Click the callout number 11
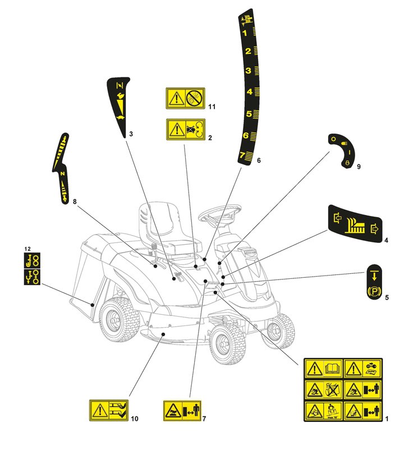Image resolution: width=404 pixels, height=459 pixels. (x=211, y=107)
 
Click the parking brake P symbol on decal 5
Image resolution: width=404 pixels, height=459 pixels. (x=372, y=292)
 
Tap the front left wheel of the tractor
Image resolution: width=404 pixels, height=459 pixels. (x=228, y=343)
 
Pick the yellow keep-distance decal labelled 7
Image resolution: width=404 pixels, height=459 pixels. (x=181, y=411)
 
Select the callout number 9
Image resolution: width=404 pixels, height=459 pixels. (x=359, y=167)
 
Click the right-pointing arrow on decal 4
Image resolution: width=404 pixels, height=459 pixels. (x=375, y=228)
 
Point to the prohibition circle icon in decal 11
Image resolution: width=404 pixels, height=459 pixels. (x=193, y=99)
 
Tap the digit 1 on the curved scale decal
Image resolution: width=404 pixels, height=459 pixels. (x=245, y=33)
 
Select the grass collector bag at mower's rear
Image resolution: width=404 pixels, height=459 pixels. (x=90, y=275)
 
